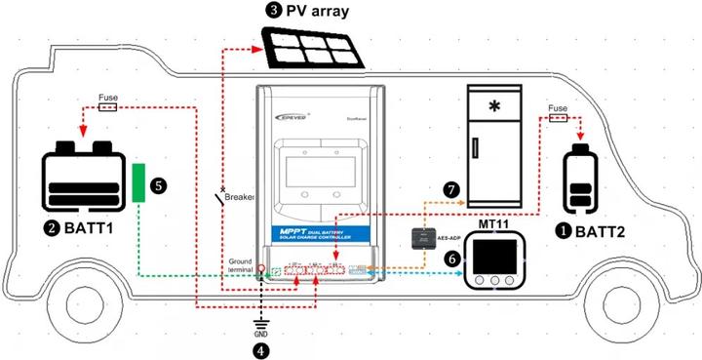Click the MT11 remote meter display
[x=497, y=260]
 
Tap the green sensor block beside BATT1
[x=140, y=181]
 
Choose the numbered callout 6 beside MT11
[x=450, y=260]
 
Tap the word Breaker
[x=239, y=197]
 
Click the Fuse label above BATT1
[x=109, y=98]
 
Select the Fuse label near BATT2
[x=558, y=107]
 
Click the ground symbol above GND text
[x=260, y=320]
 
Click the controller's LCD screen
[x=321, y=175]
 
